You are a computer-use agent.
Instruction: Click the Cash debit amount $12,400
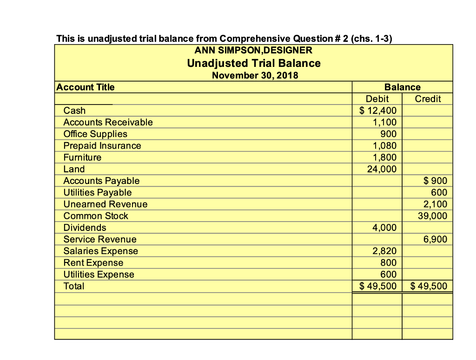tap(378, 111)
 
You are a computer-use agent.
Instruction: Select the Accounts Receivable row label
tap(108, 122)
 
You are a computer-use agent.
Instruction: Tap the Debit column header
tap(377, 98)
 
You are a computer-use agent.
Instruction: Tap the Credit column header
tap(428, 98)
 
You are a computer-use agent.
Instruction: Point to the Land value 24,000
tap(382, 169)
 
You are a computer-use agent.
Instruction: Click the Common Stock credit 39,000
tap(432, 216)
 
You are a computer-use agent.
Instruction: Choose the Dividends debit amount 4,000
tap(384, 228)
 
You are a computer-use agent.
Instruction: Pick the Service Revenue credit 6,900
tap(435, 239)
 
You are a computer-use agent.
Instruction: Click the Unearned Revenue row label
tap(105, 204)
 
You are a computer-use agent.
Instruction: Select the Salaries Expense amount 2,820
tap(384, 251)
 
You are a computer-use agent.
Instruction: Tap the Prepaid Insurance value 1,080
tap(384, 146)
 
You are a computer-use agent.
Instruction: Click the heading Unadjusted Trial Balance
tap(253, 63)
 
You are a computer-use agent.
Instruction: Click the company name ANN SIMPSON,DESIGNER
tap(253, 50)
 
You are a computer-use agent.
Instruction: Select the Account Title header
tap(86, 87)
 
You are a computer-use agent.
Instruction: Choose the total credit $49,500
tap(429, 286)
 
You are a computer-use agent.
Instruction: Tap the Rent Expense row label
tap(93, 263)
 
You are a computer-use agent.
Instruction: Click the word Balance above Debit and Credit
tap(402, 87)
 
